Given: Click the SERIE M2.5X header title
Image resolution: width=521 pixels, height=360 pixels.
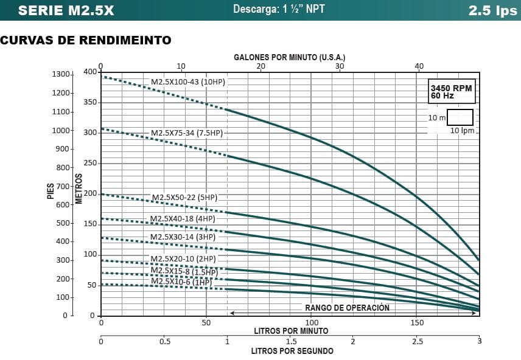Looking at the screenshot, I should pyautogui.click(x=66, y=10).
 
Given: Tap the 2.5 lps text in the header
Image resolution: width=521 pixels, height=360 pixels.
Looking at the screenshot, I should pyautogui.click(x=492, y=10).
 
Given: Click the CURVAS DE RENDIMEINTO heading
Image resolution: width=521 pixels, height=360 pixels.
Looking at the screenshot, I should pyautogui.click(x=86, y=40).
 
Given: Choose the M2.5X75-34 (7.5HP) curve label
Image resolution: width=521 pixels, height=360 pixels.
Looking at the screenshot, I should pyautogui.click(x=187, y=133).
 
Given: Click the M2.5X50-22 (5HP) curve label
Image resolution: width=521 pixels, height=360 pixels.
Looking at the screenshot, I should pyautogui.click(x=184, y=197).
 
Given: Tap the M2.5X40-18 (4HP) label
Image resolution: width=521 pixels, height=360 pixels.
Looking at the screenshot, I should pyautogui.click(x=183, y=219).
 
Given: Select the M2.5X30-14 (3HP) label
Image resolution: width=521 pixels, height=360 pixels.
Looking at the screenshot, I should pyautogui.click(x=183, y=237).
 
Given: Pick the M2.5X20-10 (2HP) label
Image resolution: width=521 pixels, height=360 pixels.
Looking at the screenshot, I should pyautogui.click(x=183, y=258).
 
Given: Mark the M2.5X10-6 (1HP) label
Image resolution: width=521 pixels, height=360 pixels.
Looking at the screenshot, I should pyautogui.click(x=181, y=282).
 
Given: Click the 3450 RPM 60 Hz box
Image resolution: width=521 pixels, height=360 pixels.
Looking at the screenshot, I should pyautogui.click(x=451, y=91).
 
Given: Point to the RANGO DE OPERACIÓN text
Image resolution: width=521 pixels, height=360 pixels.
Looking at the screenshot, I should pyautogui.click(x=347, y=308).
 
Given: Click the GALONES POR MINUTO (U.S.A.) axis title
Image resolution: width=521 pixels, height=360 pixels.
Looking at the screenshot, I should pyautogui.click(x=290, y=57).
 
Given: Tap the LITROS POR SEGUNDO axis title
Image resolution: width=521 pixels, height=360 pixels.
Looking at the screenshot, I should pyautogui.click(x=292, y=351).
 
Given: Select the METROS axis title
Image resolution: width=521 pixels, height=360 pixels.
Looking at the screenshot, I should pyautogui.click(x=79, y=188).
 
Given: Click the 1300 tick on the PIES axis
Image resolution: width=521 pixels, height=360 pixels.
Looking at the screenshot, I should pyautogui.click(x=61, y=74).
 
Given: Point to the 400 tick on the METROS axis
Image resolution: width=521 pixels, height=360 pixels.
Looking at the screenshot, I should pyautogui.click(x=90, y=72).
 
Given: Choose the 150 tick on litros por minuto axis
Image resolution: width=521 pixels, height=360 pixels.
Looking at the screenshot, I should pyautogui.click(x=418, y=322).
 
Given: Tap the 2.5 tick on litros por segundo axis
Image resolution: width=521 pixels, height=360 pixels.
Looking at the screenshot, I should pyautogui.click(x=416, y=341).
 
